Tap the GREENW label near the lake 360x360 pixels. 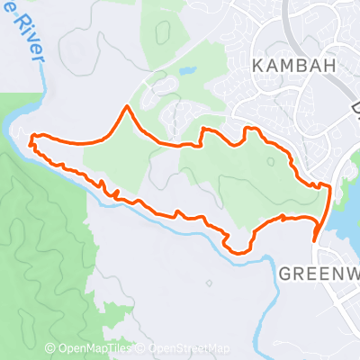(319, 273)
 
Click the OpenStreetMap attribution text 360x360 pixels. (186, 349)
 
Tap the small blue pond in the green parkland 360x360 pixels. (187, 69)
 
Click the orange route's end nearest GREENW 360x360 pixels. (315, 240)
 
